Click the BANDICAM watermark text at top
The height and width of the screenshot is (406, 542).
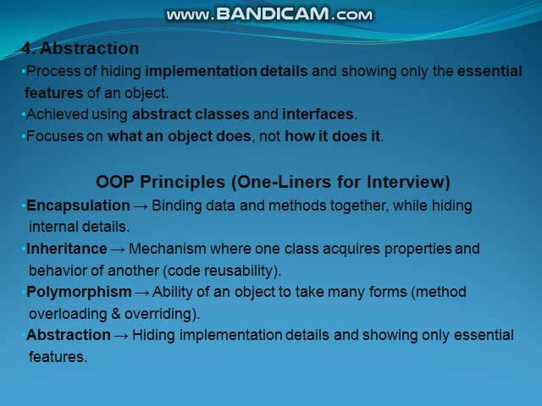pos(269,14)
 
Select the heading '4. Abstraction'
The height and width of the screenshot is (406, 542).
pos(80,48)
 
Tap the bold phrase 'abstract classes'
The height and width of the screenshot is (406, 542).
pos(191,114)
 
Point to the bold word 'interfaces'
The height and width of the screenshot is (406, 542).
pos(318,114)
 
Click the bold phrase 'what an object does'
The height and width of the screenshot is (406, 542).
pos(180,136)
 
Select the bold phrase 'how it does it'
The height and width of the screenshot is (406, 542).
pos(332,136)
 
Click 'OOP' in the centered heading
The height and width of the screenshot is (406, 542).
pos(115,182)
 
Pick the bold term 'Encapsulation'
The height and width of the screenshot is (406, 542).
pos(78,206)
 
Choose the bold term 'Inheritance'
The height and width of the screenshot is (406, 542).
pos(66,249)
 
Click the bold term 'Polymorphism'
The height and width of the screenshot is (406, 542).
pos(79,292)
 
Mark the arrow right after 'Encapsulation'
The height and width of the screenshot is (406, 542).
pos(141,206)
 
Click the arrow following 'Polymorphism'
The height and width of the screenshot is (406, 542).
pos(142,292)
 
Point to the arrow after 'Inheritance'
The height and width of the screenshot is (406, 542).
pos(118,249)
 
